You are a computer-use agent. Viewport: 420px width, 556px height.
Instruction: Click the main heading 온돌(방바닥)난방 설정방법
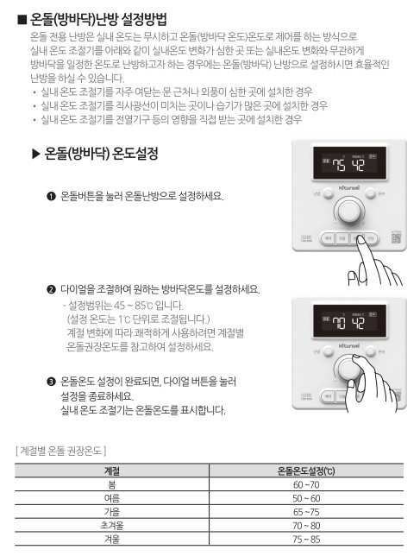tap(98, 18)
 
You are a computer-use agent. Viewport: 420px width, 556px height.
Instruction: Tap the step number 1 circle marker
tap(51, 197)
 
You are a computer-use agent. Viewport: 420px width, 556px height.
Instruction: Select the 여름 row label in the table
tap(111, 498)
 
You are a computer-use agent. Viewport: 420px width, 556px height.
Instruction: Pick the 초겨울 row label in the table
tap(111, 524)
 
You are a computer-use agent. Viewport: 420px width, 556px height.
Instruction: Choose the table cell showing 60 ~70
tap(306, 486)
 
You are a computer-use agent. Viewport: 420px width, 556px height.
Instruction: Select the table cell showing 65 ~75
tap(306, 511)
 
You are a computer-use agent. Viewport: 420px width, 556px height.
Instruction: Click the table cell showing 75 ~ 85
tap(306, 537)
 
